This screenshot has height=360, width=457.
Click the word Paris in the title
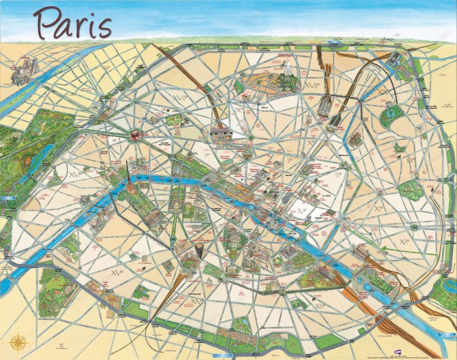click(x=73, y=23)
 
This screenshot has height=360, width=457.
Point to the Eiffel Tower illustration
click(x=127, y=176)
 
